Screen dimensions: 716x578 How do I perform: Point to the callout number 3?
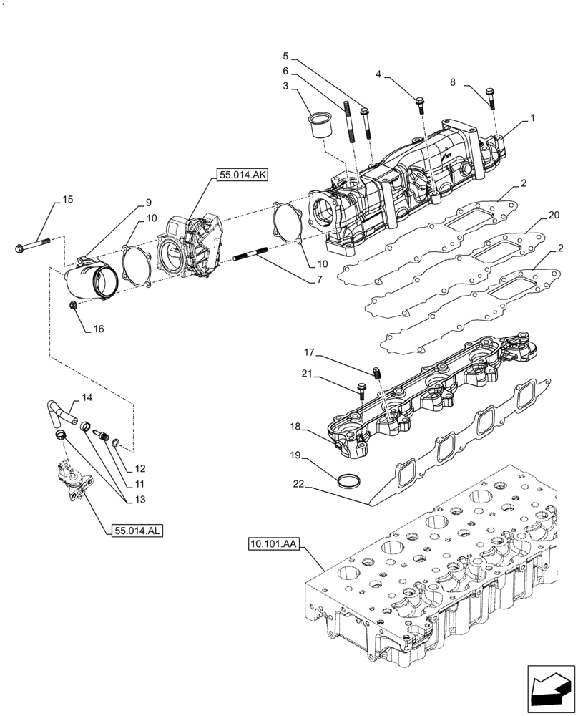coord(285,87)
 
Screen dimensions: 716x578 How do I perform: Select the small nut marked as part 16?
coord(73,306)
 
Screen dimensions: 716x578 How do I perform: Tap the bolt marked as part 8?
coord(491,97)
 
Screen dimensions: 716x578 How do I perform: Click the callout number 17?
coord(309,352)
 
